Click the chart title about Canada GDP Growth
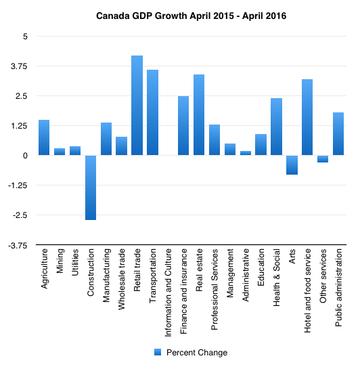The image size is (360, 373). click(192, 16)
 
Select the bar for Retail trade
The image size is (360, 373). click(137, 106)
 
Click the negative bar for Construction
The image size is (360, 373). click(91, 188)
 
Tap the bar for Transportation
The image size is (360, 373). click(153, 112)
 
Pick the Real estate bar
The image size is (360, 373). click(199, 115)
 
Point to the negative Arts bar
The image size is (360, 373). click(292, 165)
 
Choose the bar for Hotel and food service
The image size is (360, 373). click(307, 117)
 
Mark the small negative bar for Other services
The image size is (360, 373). click(323, 159)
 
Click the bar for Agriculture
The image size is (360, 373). click(44, 137)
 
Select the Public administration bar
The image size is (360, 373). click(338, 134)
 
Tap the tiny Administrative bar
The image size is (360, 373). click(246, 153)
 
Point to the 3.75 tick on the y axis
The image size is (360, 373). click(19, 66)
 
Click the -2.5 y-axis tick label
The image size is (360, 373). click(20, 215)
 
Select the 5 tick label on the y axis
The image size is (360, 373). click(25, 37)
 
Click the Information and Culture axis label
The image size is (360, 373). click(168, 292)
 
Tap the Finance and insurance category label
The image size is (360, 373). click(183, 291)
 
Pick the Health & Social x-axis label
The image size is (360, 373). click(276, 278)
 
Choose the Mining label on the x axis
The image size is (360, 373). click(60, 261)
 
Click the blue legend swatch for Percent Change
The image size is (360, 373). click(158, 352)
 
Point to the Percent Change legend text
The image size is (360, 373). click(197, 352)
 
